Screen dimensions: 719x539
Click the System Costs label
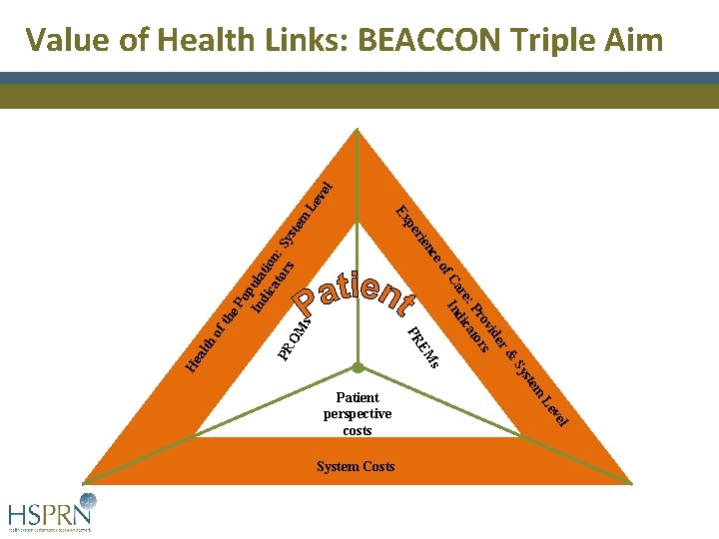click(356, 467)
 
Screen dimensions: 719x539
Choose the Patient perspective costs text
click(358, 413)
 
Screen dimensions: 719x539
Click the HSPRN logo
click(52, 512)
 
